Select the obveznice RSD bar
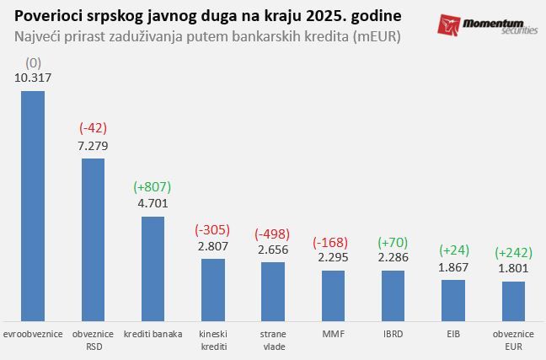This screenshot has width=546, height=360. (93, 236)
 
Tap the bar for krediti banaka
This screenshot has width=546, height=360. (153, 266)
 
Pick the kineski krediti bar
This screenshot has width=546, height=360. (213, 287)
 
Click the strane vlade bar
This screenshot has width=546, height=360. (273, 288)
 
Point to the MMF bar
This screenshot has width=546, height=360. (334, 292)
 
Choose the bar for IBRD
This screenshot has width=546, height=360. (393, 292)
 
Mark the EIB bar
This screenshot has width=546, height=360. (453, 297)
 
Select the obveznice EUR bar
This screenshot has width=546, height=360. (514, 298)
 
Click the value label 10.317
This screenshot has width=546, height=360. (33, 78)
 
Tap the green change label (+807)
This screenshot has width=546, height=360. (153, 186)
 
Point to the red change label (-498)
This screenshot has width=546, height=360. (273, 233)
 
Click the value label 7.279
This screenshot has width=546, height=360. (93, 146)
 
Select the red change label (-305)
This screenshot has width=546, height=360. (213, 229)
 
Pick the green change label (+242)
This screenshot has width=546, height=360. (514, 252)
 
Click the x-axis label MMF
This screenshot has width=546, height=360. (334, 334)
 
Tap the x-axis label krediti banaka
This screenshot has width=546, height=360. (153, 334)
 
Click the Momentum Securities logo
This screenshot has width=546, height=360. (487, 24)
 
